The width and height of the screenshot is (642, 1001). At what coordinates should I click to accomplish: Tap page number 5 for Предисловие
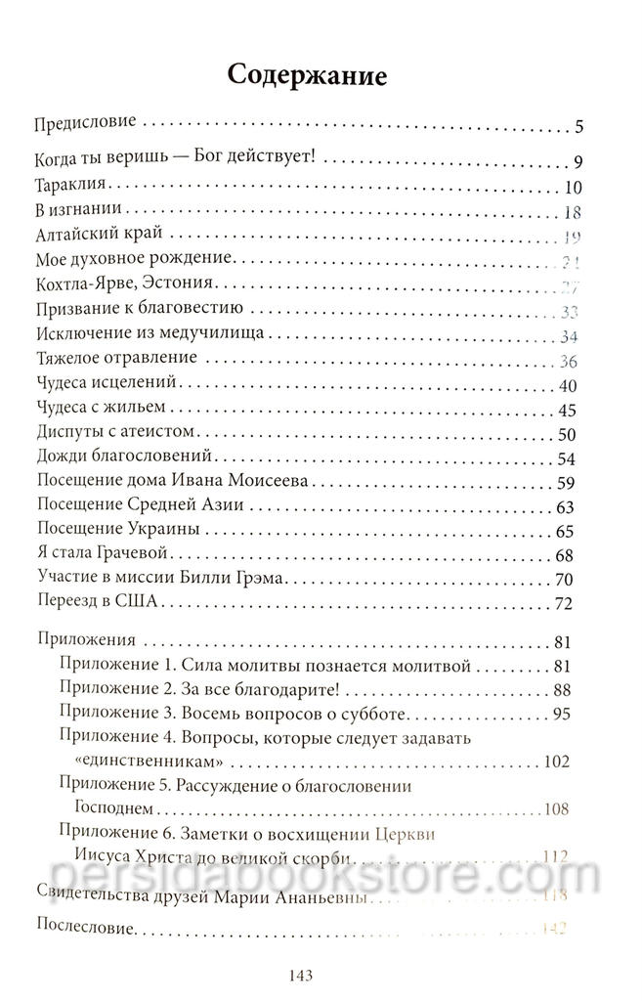578,127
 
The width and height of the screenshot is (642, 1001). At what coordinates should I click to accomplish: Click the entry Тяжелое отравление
116,358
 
